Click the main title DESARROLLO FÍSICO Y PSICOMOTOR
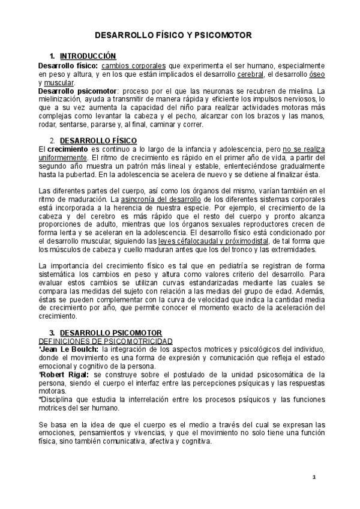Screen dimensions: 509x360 180,36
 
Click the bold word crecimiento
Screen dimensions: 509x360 68,148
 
